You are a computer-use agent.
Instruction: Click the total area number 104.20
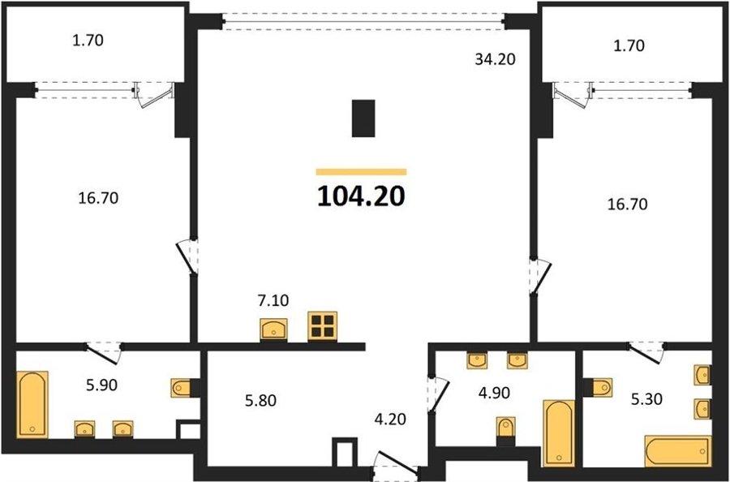pyautogui.click(x=361, y=196)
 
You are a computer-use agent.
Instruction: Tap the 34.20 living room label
pyautogui.click(x=495, y=59)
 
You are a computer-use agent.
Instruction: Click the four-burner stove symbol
pyautogui.click(x=322, y=325)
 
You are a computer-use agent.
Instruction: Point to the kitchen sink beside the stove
pyautogui.click(x=274, y=329)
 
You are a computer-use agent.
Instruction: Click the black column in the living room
pyautogui.click(x=363, y=118)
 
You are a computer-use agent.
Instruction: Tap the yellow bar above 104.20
pyautogui.click(x=361, y=172)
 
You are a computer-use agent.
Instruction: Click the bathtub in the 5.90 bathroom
pyautogui.click(x=32, y=404)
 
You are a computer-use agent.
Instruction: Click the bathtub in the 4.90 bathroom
pyautogui.click(x=559, y=433)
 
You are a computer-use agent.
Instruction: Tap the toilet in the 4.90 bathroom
pyautogui.click(x=506, y=427)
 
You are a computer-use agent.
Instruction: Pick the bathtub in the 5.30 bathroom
pyautogui.click(x=678, y=451)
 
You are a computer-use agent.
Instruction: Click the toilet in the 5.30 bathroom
pyautogui.click(x=602, y=387)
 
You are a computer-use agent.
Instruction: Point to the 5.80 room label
pyautogui.click(x=260, y=400)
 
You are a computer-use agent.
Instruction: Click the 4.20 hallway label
pyautogui.click(x=390, y=420)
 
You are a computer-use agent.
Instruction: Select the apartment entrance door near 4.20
pyautogui.click(x=396, y=463)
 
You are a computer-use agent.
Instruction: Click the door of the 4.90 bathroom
pyautogui.click(x=438, y=395)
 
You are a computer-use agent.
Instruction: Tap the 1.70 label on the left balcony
pyautogui.click(x=88, y=41)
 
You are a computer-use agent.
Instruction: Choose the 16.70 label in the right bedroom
pyautogui.click(x=627, y=204)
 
